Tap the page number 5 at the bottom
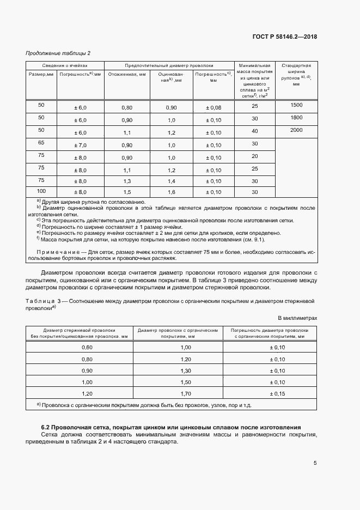tap(315, 464)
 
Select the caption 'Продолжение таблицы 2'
tap(58, 53)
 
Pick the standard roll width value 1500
tap(296, 105)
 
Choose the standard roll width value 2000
tap(296, 130)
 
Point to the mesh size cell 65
tap(41, 142)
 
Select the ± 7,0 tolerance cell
tap(80, 145)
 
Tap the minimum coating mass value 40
tap(254, 131)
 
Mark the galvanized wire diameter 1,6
tap(172, 193)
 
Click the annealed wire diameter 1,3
tap(127, 181)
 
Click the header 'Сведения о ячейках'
tap(65, 64)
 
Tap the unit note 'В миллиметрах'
tap(297, 318)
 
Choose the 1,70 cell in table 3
tap(186, 393)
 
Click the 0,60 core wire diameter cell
tap(87, 347)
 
